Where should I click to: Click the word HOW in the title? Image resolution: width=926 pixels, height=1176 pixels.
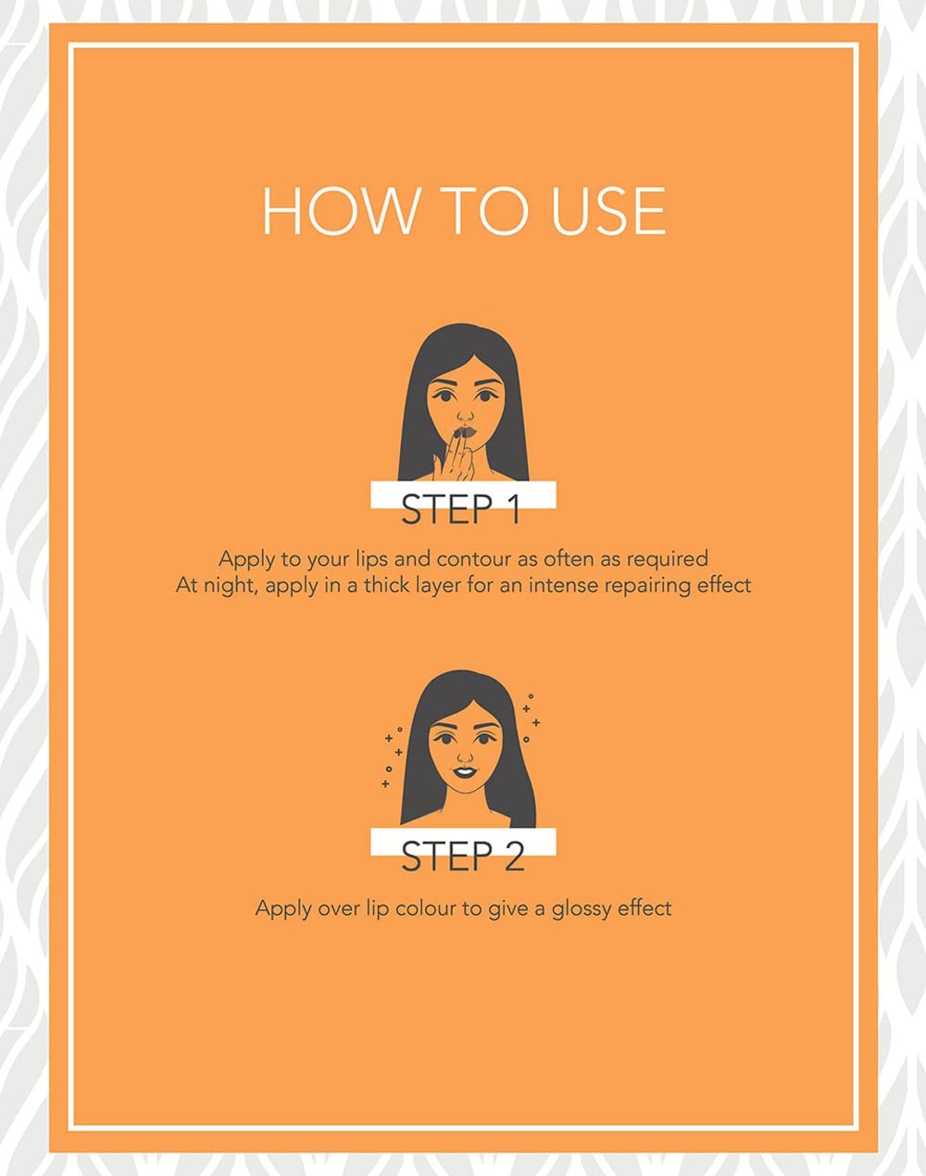pos(338,211)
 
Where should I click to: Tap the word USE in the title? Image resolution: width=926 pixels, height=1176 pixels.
pos(608,211)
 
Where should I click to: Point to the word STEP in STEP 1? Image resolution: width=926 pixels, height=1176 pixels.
pos(446,508)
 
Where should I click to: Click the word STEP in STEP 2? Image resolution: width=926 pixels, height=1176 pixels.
pos(446,856)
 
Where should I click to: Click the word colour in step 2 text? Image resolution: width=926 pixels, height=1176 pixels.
pos(425,908)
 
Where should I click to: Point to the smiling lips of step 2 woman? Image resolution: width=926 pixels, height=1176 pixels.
pos(463,772)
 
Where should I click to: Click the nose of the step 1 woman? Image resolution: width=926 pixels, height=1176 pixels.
pos(465,416)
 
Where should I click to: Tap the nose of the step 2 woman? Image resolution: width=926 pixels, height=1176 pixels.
pos(464,757)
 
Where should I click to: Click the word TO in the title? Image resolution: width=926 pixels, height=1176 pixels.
pos(482,211)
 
